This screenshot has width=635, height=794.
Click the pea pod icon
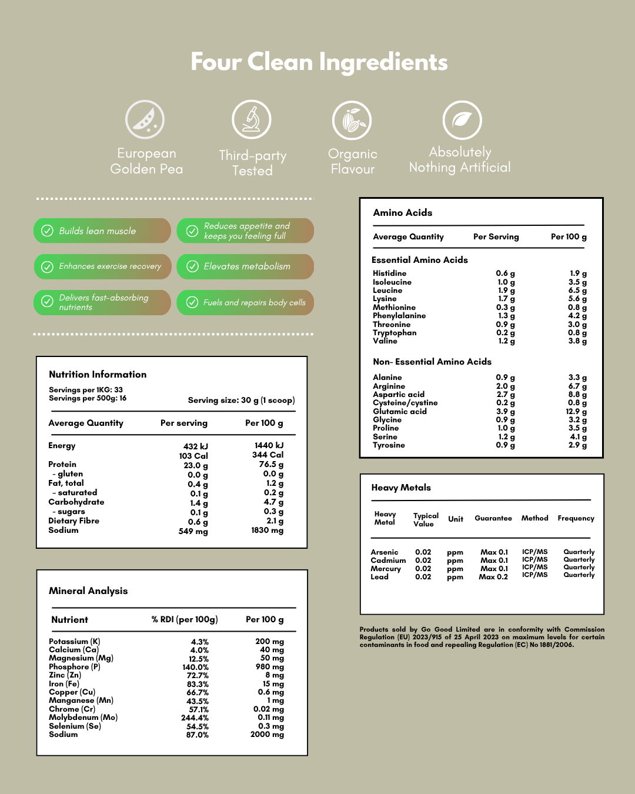(x=145, y=119)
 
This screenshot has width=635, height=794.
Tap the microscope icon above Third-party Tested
(x=252, y=119)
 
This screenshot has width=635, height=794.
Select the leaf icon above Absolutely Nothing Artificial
(x=462, y=120)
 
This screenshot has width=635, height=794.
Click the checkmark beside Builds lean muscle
(x=47, y=231)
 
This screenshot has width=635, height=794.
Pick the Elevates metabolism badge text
(x=247, y=266)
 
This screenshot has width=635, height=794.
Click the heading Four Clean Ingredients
(x=319, y=62)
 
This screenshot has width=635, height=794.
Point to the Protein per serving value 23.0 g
(x=196, y=465)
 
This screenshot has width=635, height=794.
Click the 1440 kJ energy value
(x=269, y=445)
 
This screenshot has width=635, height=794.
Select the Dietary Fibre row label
(x=73, y=521)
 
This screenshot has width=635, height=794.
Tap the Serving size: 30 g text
(x=241, y=400)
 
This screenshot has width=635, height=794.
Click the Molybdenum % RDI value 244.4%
(x=195, y=718)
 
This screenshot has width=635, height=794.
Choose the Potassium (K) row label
(x=75, y=641)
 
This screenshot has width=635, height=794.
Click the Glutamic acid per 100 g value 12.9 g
(x=576, y=411)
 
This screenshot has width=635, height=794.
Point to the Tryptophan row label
(x=395, y=332)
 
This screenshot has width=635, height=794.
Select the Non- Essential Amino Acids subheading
(x=432, y=362)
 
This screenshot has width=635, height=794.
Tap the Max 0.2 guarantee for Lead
(x=493, y=576)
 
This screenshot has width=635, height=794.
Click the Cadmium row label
(x=388, y=560)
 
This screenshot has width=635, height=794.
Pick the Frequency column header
(x=576, y=518)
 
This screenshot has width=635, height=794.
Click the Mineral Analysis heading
(x=88, y=591)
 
